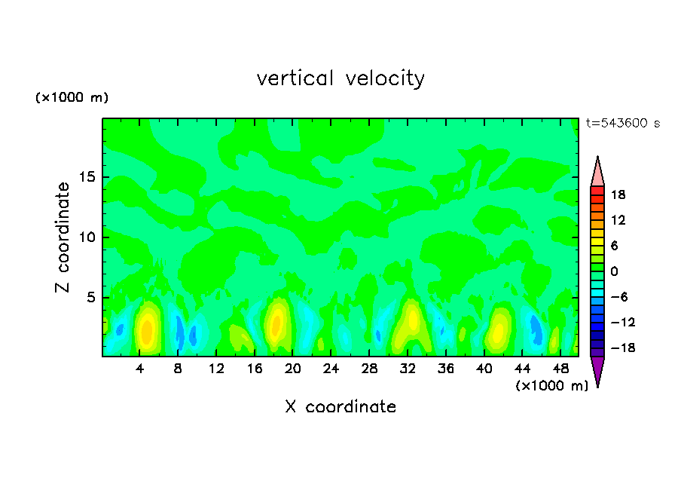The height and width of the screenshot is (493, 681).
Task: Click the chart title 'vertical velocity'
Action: (340, 78)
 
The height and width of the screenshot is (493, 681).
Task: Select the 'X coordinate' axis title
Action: (340, 407)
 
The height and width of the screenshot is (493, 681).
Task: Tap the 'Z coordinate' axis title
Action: (63, 237)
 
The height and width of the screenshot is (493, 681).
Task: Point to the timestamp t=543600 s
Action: (622, 124)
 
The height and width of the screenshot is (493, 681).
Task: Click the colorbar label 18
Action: (618, 194)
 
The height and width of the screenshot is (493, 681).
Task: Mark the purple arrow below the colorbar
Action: (597, 370)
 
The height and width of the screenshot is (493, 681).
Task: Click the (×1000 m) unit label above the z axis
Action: (72, 98)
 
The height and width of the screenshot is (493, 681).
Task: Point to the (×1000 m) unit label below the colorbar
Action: (551, 386)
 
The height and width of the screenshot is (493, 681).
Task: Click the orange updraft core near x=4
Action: (147, 330)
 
